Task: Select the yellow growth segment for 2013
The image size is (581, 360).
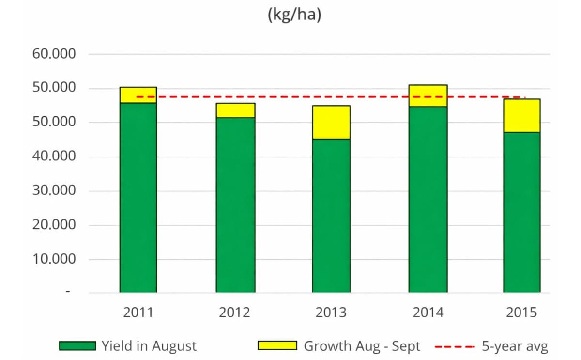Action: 331,122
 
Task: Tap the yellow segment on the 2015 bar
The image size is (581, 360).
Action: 522,115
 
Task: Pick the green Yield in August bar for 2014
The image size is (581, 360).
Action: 428,199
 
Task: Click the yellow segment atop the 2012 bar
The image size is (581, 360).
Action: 235,110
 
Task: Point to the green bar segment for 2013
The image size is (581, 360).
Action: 331,216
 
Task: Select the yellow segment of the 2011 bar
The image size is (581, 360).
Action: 138,95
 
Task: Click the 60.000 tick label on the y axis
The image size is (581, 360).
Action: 54,54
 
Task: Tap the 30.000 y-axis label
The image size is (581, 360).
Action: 54,190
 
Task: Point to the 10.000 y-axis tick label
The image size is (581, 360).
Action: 54,259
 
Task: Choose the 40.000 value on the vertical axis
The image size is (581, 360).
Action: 54,157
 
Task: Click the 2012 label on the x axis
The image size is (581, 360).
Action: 235,313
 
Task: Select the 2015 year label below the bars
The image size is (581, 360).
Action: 521,313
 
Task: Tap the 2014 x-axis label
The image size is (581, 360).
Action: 428,313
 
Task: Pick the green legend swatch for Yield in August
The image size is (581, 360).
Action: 77,346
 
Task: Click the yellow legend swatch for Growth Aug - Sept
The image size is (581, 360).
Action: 277,346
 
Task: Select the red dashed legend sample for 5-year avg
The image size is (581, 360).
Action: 454,346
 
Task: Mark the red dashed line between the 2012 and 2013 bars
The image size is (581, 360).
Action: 283,97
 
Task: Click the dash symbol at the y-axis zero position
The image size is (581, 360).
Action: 68,292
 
